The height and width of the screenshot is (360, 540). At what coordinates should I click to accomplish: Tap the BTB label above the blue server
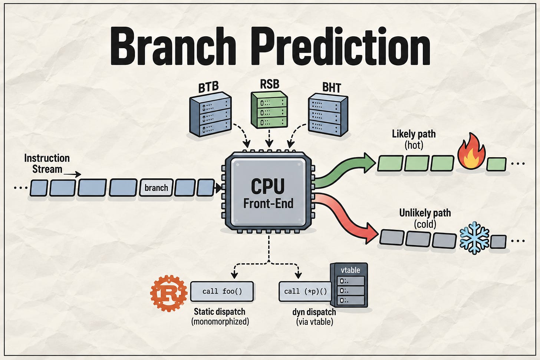point(208,87)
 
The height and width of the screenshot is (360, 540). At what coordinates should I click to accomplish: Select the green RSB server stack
point(269,110)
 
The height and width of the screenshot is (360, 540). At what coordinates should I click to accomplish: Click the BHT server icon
point(328,115)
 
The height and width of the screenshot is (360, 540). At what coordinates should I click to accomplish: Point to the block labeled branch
point(156,188)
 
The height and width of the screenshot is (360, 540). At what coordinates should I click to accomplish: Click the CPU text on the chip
point(268,186)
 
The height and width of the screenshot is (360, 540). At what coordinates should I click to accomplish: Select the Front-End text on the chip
point(268,204)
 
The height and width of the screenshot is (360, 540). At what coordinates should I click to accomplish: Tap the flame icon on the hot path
point(471,151)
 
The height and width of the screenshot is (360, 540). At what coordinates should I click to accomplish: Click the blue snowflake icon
point(474,238)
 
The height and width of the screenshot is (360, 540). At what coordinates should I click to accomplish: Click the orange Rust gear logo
point(169,293)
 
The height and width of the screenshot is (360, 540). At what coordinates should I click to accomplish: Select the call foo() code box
point(222,291)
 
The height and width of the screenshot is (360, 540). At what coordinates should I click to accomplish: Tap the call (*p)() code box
point(305,291)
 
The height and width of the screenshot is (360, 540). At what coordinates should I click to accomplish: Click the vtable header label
point(350,270)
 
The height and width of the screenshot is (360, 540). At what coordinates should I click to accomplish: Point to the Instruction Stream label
point(47,164)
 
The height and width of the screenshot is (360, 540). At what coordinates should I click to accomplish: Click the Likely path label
point(414,134)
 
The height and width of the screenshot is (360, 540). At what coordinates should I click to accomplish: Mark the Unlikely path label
point(425,213)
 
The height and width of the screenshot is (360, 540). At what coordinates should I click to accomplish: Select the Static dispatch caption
point(220,311)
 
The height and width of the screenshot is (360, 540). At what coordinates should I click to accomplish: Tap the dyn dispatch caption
point(314,312)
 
